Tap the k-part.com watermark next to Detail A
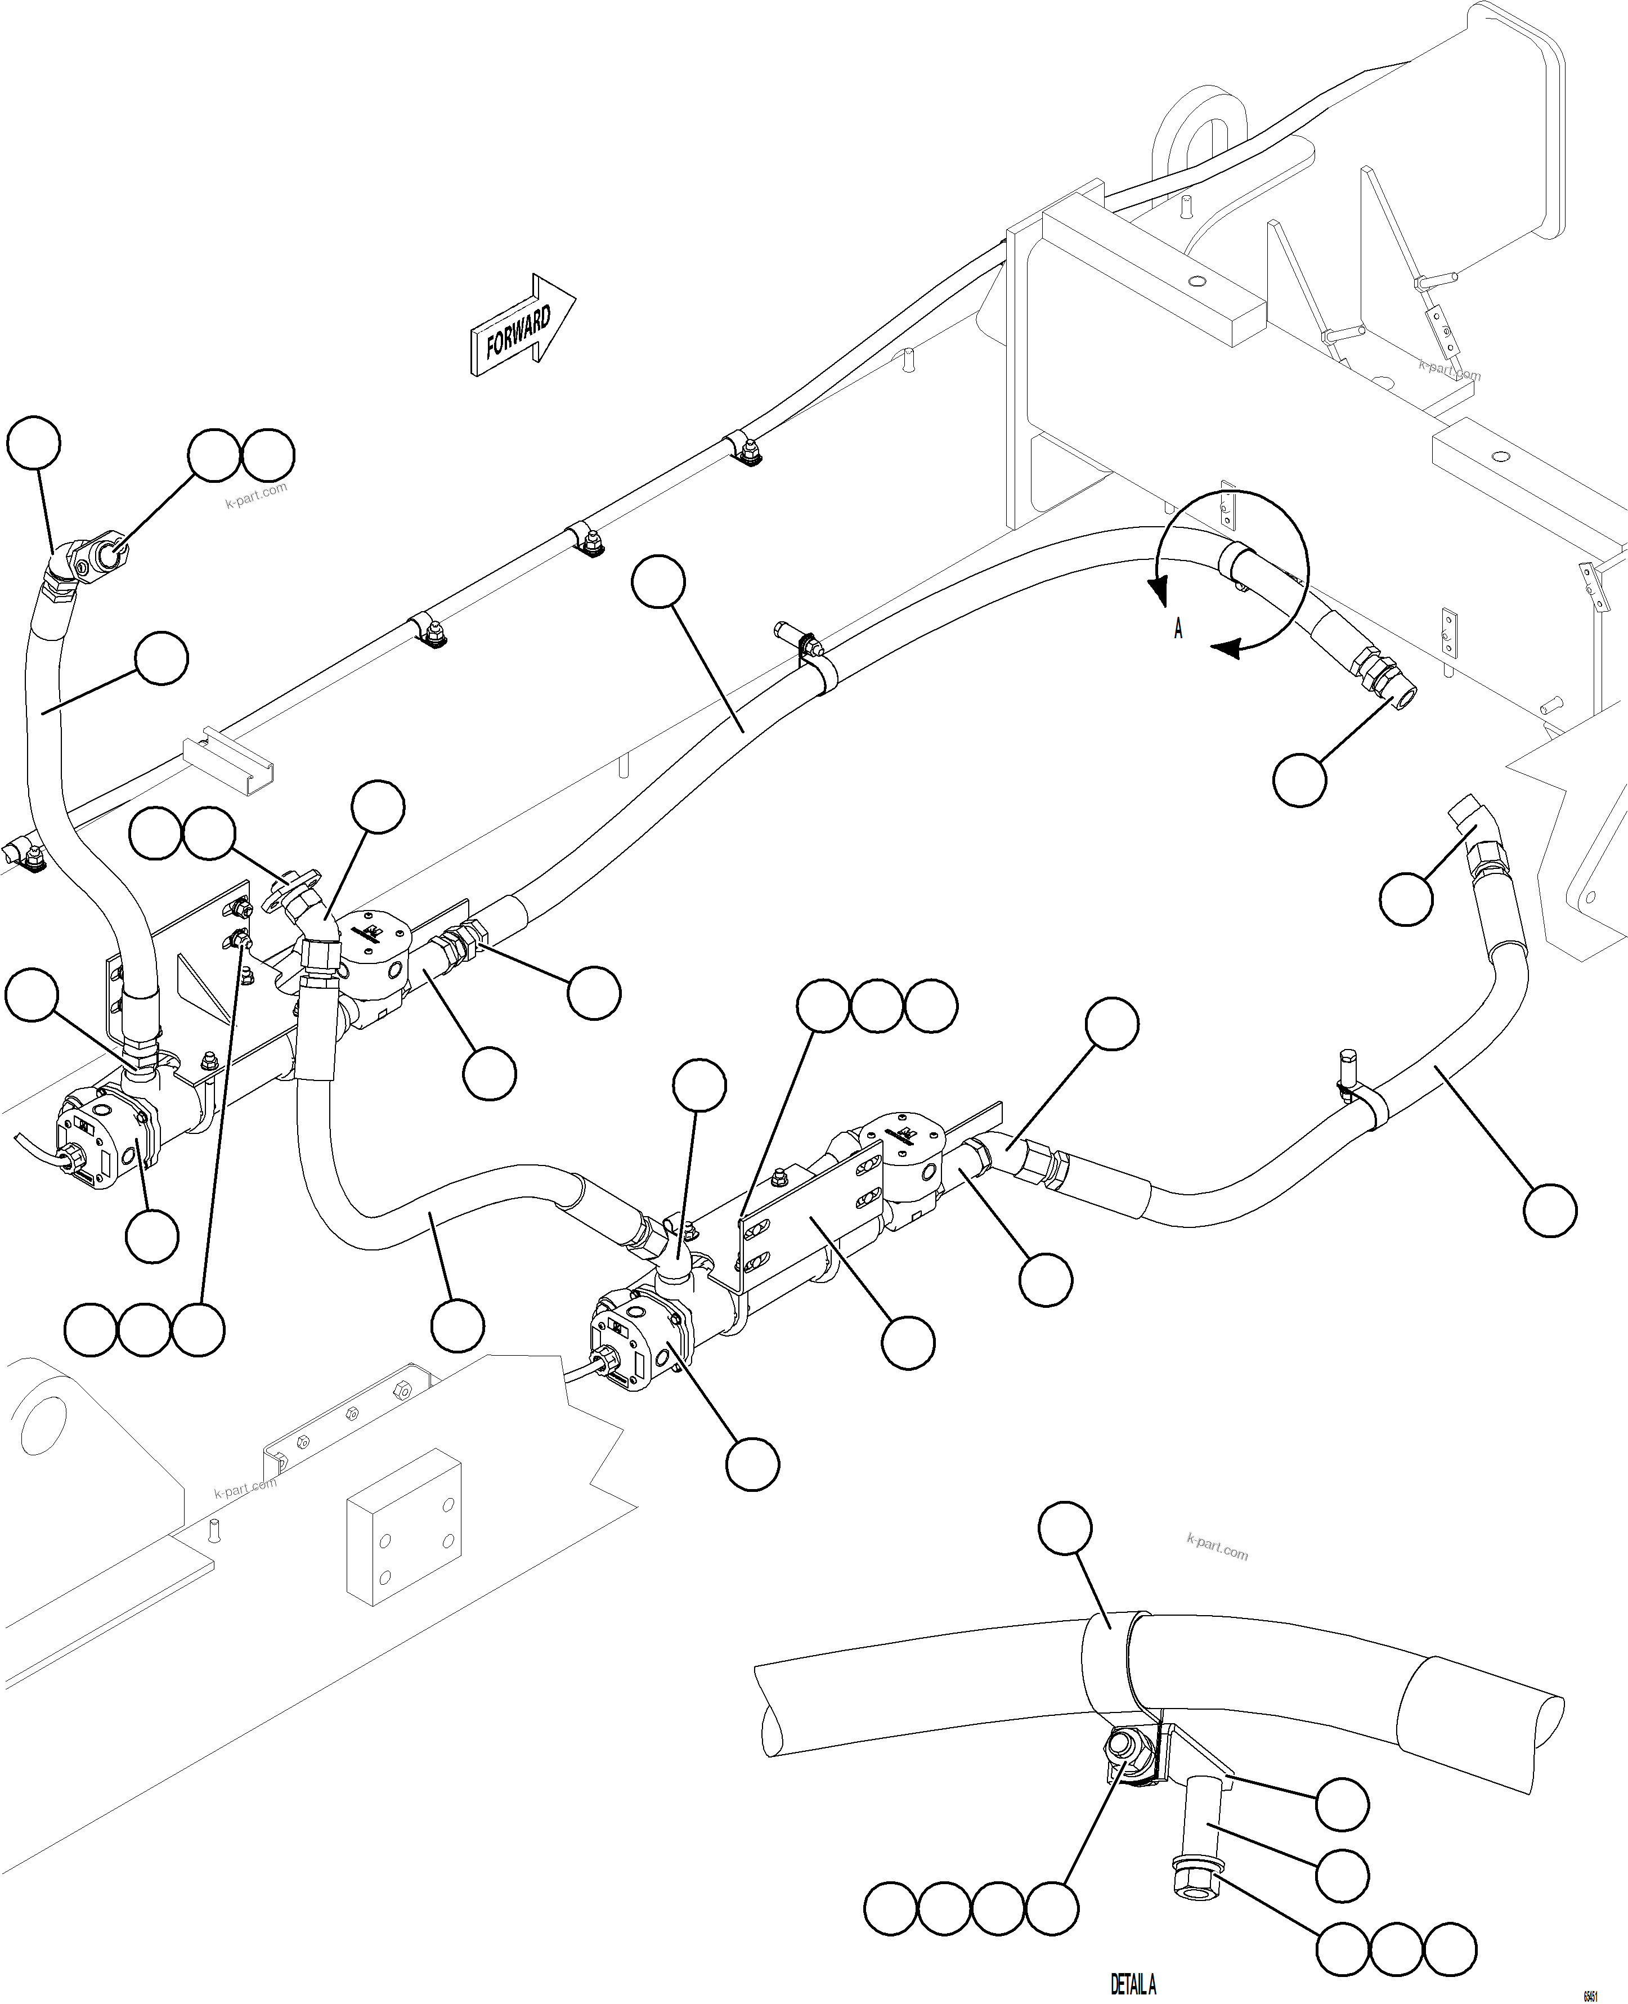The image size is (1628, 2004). click(x=1217, y=1546)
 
